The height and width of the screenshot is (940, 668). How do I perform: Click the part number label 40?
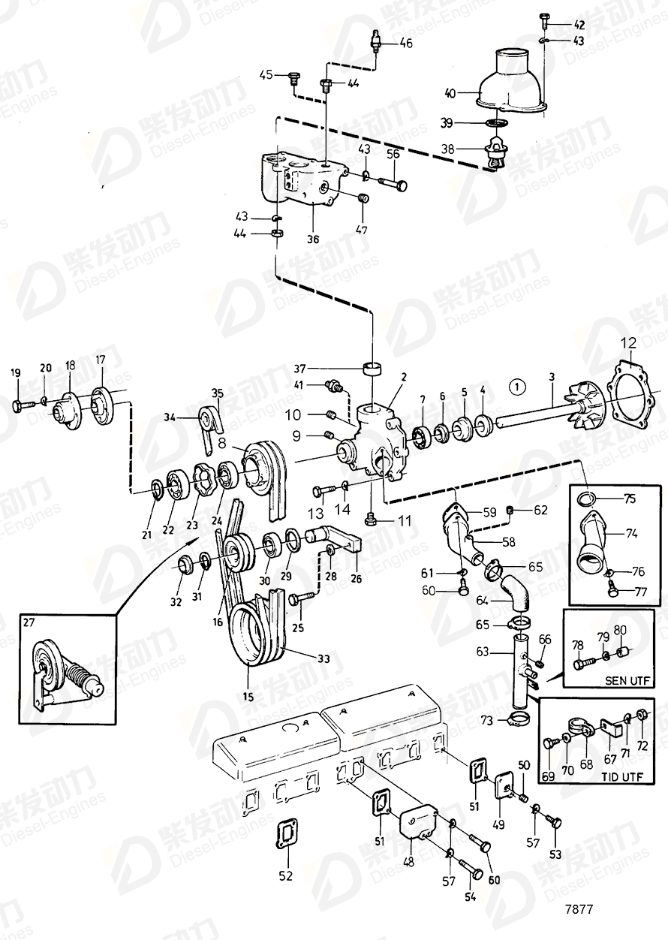click(450, 94)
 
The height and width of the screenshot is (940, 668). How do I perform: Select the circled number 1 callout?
click(516, 388)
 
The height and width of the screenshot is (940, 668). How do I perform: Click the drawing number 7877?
click(579, 908)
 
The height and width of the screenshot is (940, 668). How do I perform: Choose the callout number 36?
click(312, 240)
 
